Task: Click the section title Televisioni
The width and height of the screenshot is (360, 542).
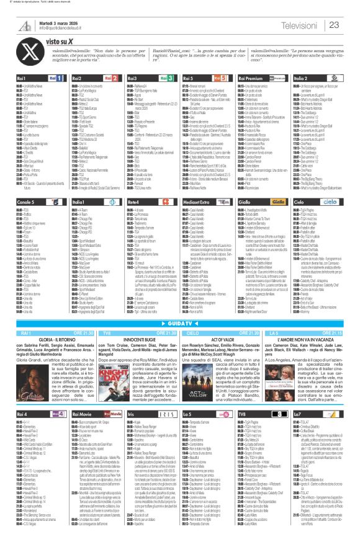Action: coord(302,24)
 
